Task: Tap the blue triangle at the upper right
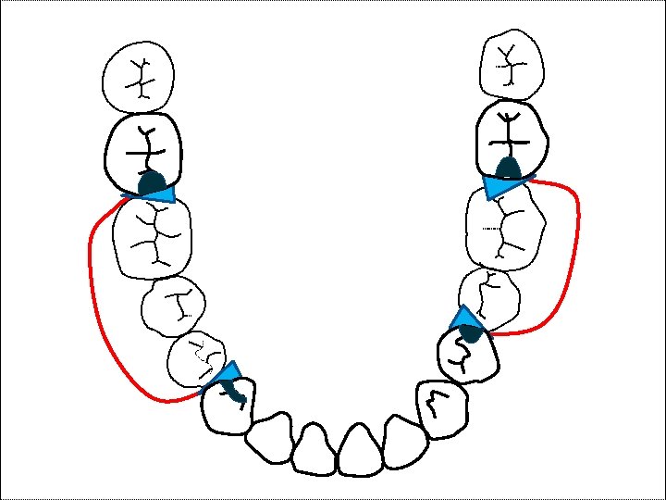500,186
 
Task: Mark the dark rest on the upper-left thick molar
151,181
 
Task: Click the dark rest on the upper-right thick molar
507,168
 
